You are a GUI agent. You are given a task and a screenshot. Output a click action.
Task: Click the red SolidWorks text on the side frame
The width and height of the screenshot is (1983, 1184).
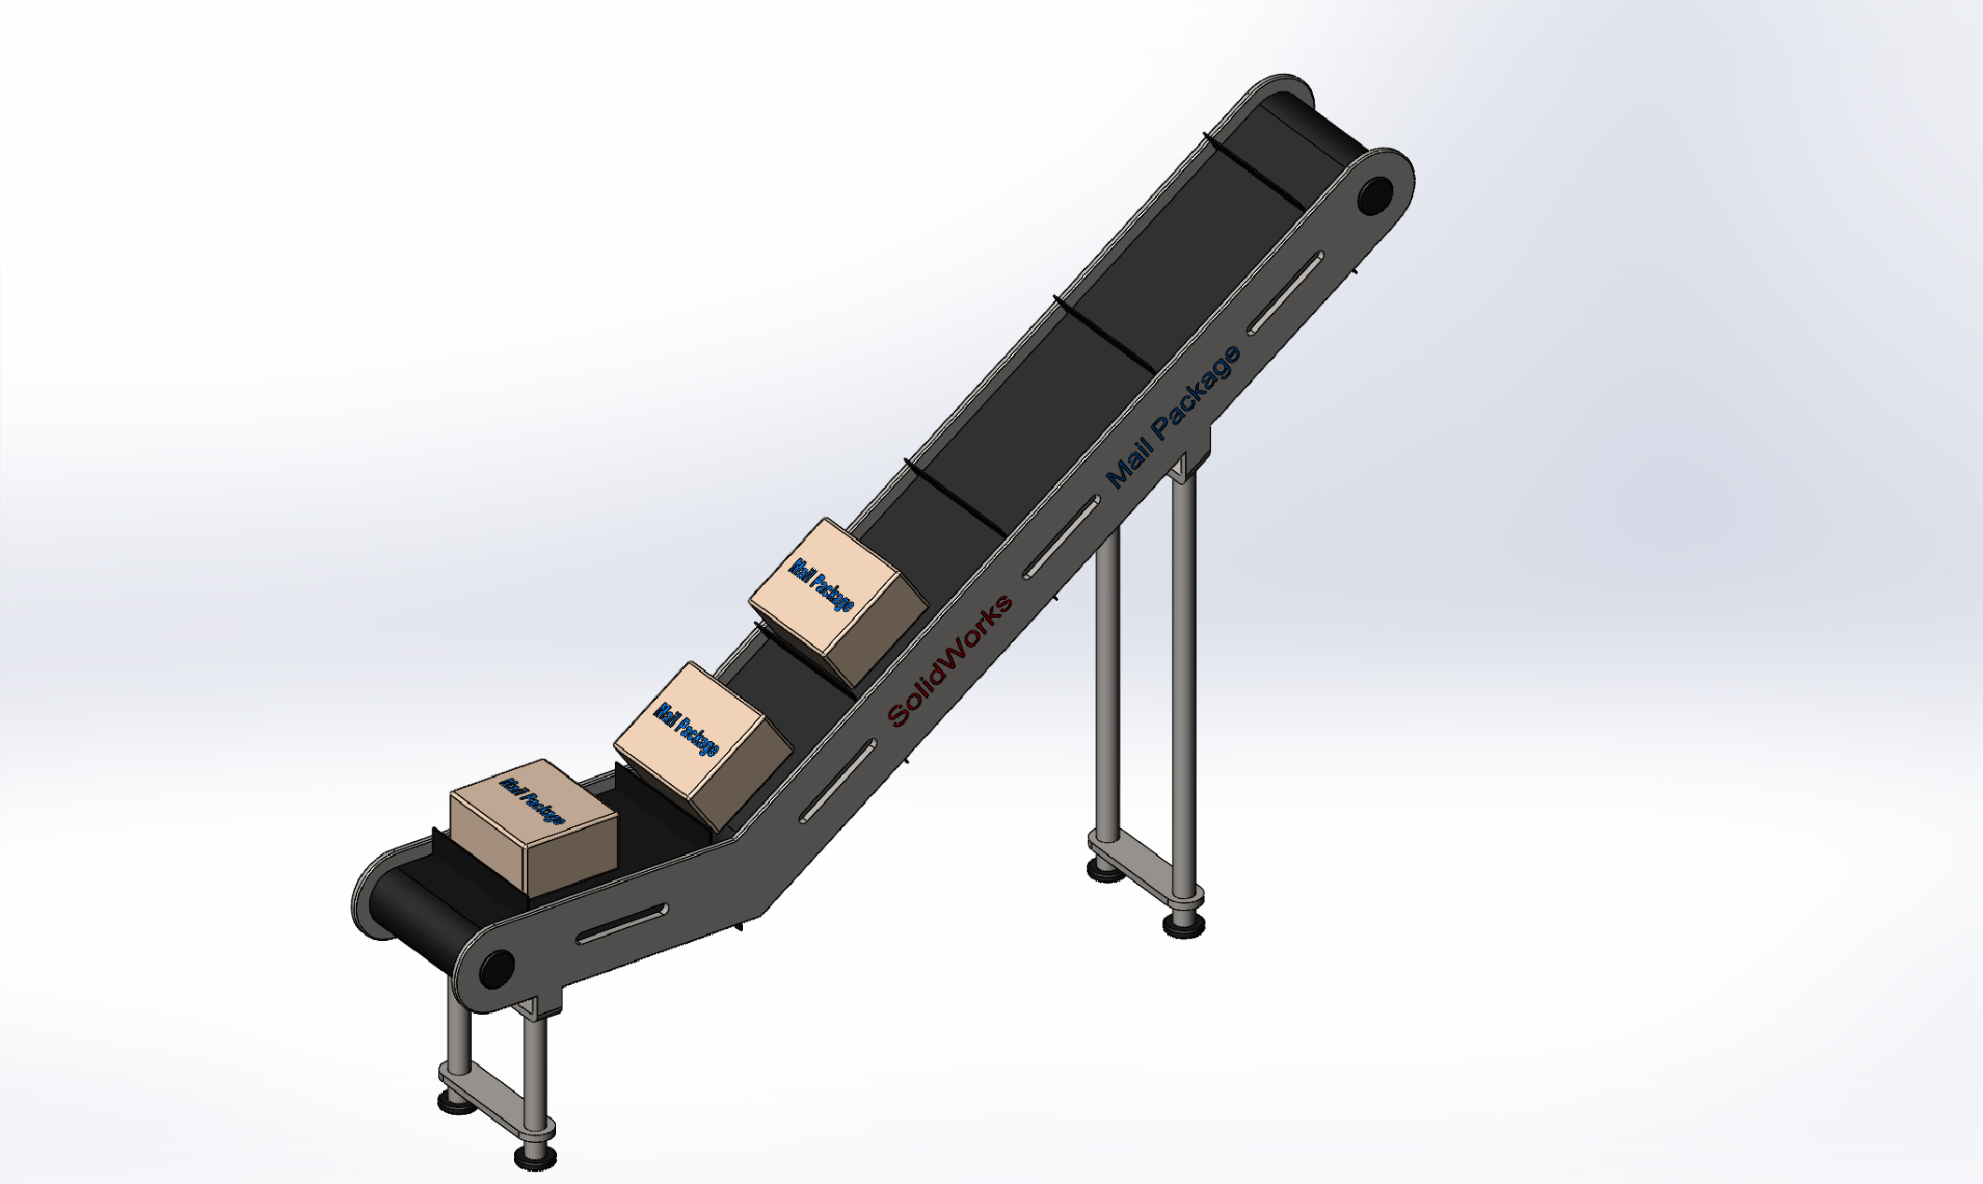pyautogui.click(x=949, y=661)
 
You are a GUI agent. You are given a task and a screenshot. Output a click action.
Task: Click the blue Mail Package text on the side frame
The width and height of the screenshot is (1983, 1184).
pyautogui.click(x=1173, y=416)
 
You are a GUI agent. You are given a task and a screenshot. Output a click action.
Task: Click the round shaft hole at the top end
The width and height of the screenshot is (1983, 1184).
pyautogui.click(x=1375, y=196)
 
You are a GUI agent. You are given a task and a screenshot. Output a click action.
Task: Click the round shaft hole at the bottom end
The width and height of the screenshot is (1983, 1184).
pyautogui.click(x=496, y=968)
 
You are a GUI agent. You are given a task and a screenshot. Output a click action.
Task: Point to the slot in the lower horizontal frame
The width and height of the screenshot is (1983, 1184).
pyautogui.click(x=621, y=923)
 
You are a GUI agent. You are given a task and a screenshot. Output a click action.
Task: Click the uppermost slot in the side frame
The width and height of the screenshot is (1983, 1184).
pyautogui.click(x=1286, y=292)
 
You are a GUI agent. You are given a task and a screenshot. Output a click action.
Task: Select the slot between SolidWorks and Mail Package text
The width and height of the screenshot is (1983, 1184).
pyautogui.click(x=1062, y=537)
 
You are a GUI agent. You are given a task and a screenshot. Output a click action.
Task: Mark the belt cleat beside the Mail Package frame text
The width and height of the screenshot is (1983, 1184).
pyautogui.click(x=1103, y=332)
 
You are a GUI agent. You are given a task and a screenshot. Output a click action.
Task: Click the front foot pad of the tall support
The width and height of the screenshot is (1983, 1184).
pyautogui.click(x=1183, y=925)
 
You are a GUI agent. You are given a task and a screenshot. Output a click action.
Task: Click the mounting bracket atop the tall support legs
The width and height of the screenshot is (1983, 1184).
pyautogui.click(x=1191, y=458)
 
